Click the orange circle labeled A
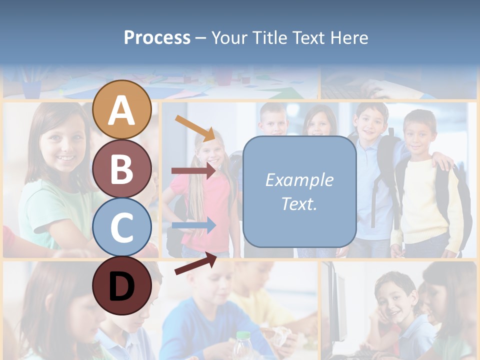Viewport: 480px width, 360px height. click(x=122, y=110)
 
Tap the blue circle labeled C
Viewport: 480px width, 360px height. click(x=122, y=227)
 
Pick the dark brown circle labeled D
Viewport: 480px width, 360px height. click(x=122, y=285)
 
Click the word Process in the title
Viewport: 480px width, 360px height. click(x=157, y=37)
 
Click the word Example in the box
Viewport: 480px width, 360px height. click(x=299, y=180)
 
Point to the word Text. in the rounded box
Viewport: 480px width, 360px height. click(x=299, y=203)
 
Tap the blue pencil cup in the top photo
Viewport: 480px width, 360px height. click(x=32, y=89)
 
